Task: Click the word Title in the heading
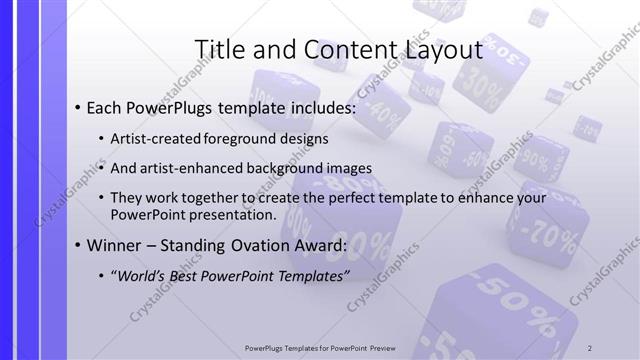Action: (x=216, y=49)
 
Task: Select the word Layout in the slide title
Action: (x=443, y=49)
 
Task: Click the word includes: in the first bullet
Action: (x=321, y=107)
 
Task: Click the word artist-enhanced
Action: (x=200, y=168)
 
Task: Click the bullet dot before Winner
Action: (x=78, y=246)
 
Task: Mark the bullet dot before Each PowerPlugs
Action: (x=78, y=107)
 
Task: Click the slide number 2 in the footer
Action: (x=591, y=348)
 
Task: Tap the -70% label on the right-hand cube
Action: (x=551, y=238)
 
